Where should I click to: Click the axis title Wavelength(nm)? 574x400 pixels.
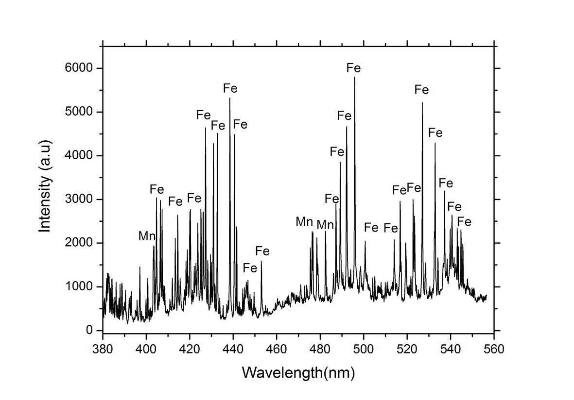point(298,373)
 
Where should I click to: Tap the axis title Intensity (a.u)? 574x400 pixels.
point(45,186)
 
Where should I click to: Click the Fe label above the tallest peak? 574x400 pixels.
point(354,67)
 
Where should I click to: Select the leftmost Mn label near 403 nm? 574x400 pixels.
point(147,236)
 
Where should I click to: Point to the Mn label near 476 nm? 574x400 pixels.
point(304,222)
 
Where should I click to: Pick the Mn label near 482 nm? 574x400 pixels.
point(325,225)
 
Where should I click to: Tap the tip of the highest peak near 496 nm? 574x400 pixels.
point(354,78)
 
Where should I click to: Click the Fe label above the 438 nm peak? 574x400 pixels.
point(230,88)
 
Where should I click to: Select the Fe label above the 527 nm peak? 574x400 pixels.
point(421,90)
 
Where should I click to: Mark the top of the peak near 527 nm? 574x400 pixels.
point(422,103)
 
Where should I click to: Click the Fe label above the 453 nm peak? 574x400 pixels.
point(262,251)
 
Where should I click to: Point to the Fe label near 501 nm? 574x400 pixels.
point(371,227)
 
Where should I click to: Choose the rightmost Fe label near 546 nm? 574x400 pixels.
point(464,222)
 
